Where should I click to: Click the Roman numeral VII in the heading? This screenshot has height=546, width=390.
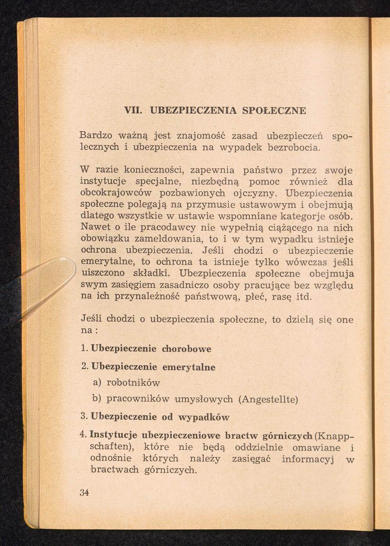[x=132, y=111]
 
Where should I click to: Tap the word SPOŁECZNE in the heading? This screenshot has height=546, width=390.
[x=274, y=111]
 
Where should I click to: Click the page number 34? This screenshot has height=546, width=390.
[x=84, y=492]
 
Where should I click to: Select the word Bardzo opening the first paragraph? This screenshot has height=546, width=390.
[x=96, y=136]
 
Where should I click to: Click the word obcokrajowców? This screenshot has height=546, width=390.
[x=115, y=193]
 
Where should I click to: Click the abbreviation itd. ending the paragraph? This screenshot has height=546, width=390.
[x=304, y=297]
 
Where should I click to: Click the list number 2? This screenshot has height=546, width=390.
[x=84, y=367]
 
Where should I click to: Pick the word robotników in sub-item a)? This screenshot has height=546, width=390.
[x=133, y=383]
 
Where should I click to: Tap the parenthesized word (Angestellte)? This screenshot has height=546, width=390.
[x=268, y=399]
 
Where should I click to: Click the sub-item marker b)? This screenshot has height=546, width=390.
[x=96, y=399]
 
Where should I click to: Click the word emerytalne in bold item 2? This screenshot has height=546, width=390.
[x=189, y=367]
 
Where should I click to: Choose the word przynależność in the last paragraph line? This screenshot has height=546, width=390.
[x=147, y=297]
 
